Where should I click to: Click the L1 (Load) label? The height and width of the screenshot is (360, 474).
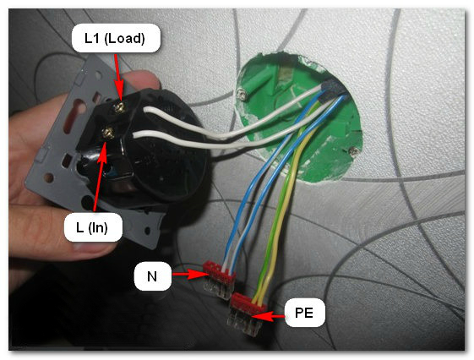click(116, 38)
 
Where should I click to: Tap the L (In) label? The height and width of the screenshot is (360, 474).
click(93, 227)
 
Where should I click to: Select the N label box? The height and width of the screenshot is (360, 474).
click(153, 276)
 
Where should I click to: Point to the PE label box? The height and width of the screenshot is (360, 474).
click(305, 313)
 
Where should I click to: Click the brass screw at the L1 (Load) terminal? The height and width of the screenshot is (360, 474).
click(120, 107)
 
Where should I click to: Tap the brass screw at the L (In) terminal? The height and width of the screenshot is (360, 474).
click(107, 133)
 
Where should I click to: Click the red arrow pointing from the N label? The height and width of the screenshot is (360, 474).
click(190, 275)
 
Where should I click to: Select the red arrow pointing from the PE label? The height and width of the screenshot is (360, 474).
click(267, 316)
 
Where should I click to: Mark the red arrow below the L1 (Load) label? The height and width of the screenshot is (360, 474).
click(118, 78)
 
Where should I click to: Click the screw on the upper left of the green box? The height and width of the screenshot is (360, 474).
click(242, 95)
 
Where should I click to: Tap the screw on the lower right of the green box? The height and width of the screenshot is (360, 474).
click(353, 150)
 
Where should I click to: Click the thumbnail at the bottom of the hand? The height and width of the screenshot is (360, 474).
click(90, 247)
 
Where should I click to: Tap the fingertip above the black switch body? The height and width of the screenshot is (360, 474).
click(144, 79)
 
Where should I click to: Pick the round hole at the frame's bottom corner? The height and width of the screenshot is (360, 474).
click(147, 231)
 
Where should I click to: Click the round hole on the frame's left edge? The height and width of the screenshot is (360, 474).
click(48, 177)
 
